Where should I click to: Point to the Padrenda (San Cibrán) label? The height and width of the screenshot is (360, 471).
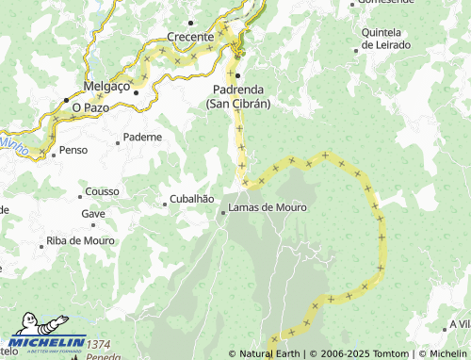[238, 97]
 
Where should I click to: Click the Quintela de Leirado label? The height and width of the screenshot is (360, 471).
[381, 39]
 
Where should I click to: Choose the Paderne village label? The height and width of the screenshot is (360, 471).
[142, 137]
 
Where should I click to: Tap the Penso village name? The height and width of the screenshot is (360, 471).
[73, 150]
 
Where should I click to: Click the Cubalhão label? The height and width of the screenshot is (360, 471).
[193, 200]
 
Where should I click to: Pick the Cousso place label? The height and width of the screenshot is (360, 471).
[102, 191]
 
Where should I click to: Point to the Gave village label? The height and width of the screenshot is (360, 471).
[93, 214]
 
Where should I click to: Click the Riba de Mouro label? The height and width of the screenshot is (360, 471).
[80, 241]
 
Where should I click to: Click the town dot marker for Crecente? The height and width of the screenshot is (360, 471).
[191, 21]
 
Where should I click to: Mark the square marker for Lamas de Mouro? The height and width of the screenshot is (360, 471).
[223, 213]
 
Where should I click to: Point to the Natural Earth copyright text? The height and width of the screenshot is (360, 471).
[271, 354]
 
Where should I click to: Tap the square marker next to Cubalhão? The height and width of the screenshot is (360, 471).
[164, 201]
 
